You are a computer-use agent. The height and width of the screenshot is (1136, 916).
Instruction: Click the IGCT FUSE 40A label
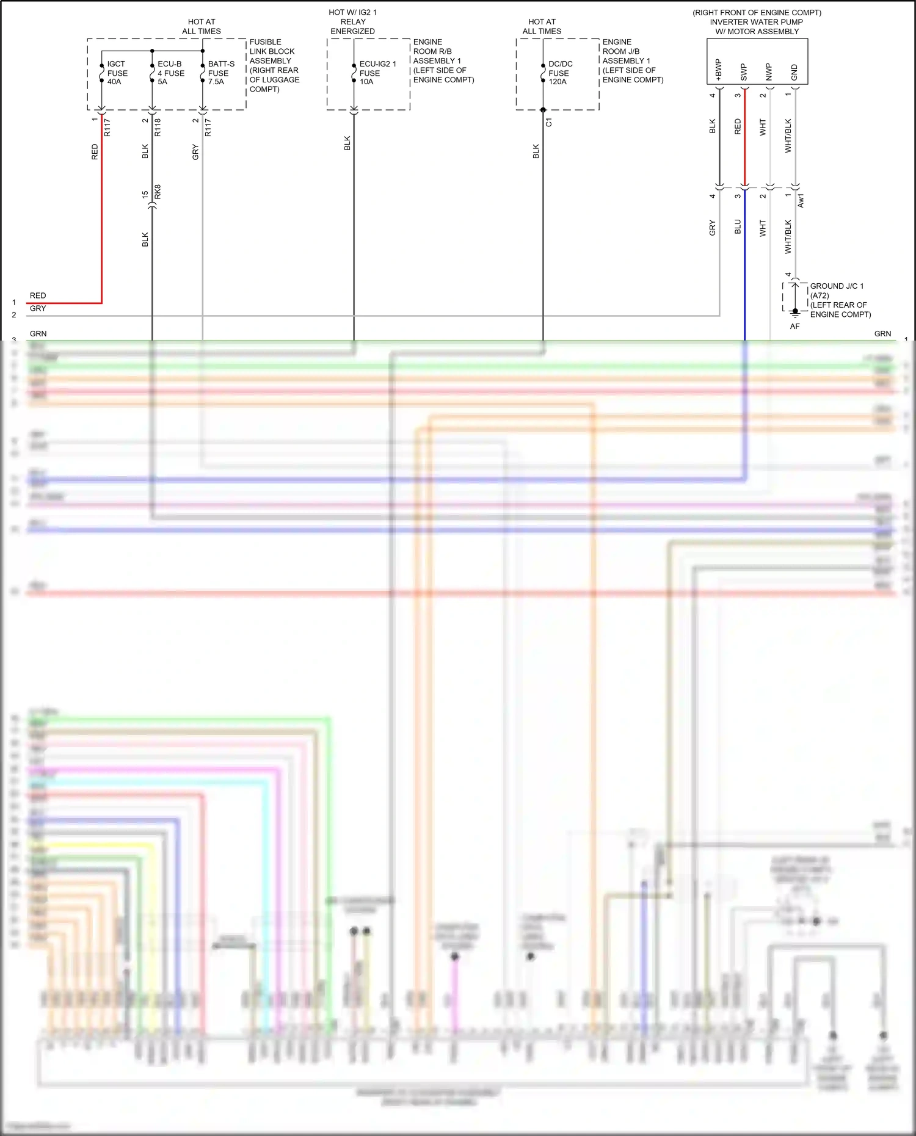(117, 73)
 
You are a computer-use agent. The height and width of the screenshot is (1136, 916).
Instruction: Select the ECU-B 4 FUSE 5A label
(170, 73)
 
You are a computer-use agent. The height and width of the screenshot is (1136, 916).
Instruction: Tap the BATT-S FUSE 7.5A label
(220, 73)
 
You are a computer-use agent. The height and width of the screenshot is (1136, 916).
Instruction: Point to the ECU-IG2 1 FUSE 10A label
(377, 73)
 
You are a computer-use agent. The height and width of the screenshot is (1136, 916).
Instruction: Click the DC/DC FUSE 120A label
(559, 73)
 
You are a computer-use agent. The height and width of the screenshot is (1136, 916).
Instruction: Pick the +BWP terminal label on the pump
(719, 70)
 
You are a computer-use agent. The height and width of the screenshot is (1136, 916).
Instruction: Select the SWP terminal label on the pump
(744, 72)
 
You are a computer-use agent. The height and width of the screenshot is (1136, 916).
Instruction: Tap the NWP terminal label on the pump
(769, 72)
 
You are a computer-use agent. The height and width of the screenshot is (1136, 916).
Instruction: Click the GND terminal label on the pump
(794, 73)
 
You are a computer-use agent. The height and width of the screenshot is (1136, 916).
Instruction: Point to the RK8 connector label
(158, 192)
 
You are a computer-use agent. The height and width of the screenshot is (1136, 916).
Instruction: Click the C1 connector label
(549, 123)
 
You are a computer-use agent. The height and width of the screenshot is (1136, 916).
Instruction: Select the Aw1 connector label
(801, 200)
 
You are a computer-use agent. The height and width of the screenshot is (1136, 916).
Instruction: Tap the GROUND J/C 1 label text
(837, 286)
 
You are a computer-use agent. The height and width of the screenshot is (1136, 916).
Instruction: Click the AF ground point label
(794, 327)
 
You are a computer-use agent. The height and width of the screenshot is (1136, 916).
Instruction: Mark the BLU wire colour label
(738, 227)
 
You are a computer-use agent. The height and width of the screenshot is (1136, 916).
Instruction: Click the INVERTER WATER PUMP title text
(756, 22)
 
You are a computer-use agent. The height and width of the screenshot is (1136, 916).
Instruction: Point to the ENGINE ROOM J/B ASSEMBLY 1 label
(632, 61)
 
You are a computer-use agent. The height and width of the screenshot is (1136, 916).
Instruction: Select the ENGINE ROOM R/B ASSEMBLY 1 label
(443, 61)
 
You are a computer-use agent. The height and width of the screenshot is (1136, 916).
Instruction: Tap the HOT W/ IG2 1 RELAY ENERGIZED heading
(353, 22)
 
